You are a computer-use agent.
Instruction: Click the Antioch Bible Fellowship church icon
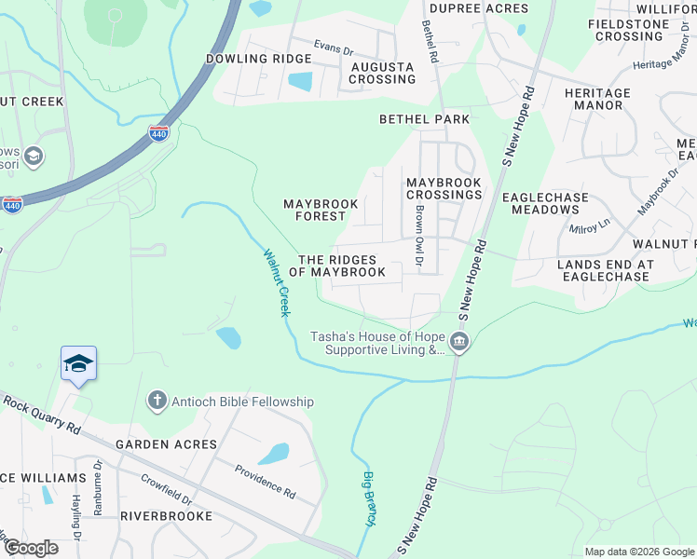(157, 402)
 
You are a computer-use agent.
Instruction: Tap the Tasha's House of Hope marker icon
(459, 344)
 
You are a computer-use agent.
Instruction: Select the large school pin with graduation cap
(78, 364)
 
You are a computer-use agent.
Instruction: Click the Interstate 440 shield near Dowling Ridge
(159, 134)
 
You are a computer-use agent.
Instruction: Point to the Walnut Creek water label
(276, 281)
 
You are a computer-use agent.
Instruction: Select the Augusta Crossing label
(382, 74)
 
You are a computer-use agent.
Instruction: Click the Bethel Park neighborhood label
(424, 119)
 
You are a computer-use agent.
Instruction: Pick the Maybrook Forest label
(314, 210)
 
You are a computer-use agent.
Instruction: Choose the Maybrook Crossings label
(444, 188)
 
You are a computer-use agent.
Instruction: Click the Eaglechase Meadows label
(546, 203)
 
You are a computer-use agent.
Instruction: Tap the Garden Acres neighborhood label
(166, 444)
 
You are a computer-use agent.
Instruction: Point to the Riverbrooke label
(166, 515)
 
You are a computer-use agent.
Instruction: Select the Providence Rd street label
(264, 481)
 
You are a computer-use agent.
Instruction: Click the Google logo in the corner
(31, 548)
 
